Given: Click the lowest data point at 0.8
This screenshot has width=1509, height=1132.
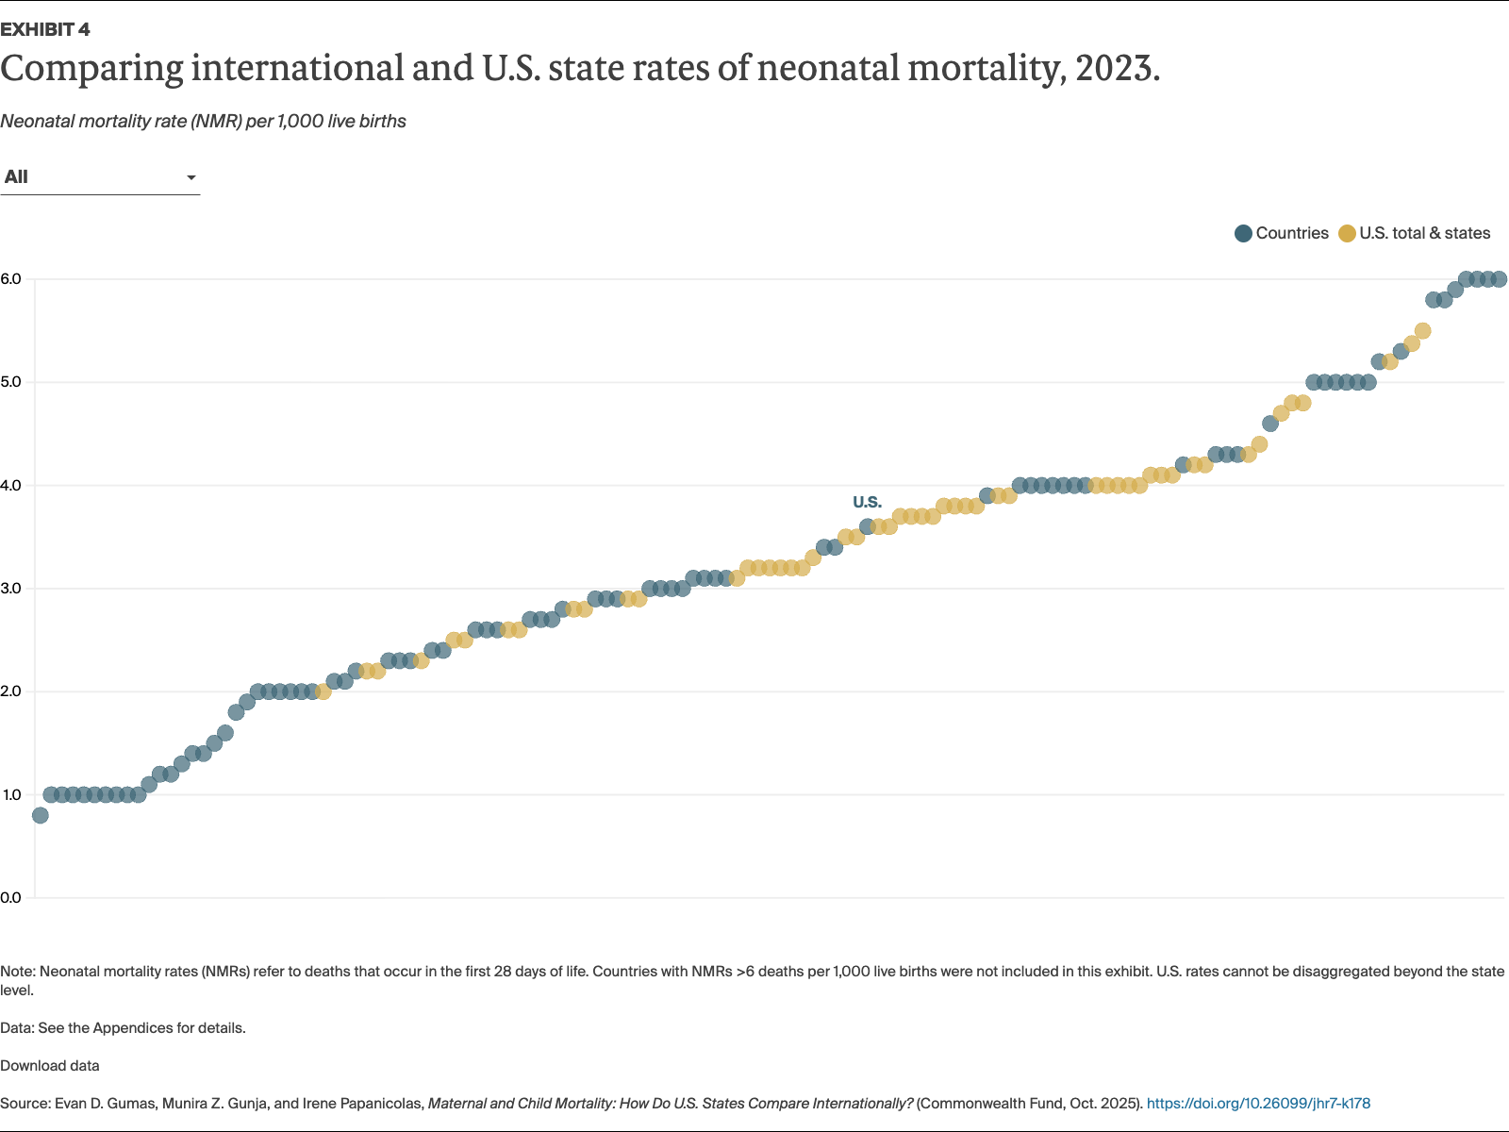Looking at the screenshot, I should point(40,815).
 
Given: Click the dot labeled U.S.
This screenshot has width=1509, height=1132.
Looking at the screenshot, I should point(868,526).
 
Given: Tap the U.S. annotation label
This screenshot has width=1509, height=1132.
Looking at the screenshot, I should point(867,502).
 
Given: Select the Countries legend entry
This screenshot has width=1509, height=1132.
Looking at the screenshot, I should point(1282,233).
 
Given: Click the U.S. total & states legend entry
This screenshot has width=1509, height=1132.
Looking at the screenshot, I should point(1415,233).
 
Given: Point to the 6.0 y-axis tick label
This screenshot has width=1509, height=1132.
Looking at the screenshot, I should point(11,279).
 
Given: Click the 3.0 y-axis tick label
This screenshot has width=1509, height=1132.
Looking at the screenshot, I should point(11,589).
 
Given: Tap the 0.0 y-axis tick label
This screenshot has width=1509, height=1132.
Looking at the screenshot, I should point(11,897).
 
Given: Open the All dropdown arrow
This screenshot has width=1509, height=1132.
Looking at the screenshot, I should point(191,177).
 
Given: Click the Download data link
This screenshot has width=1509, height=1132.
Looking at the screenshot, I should point(50,1066).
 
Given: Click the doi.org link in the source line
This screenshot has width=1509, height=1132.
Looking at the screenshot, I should point(1258,1104).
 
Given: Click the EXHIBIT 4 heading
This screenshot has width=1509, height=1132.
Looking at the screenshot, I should point(45,29).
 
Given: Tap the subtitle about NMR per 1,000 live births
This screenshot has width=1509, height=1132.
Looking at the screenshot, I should point(203,121).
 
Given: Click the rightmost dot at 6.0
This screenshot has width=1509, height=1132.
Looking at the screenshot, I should point(1499,279).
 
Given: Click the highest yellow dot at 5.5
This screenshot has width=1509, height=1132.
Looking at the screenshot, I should point(1422,331).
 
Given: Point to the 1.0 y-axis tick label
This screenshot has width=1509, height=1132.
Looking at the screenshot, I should point(11,794).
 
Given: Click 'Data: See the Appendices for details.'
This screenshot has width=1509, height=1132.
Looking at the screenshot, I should point(123,1028).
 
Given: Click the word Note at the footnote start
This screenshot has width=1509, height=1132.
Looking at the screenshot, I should point(17,972).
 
